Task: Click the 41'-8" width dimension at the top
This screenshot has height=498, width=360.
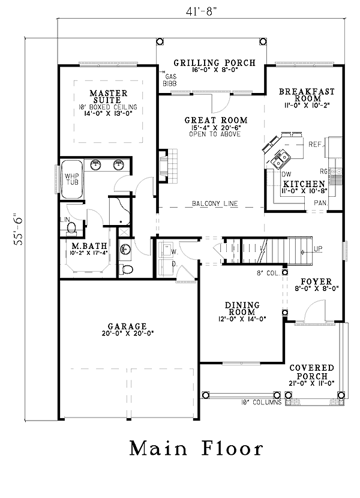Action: pos(201,11)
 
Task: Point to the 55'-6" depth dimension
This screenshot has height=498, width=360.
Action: pos(19,231)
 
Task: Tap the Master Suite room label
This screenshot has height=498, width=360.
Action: pos(109,97)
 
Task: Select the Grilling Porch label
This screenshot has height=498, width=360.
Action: pos(214,62)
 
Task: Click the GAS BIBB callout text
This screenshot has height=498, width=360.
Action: pos(170,80)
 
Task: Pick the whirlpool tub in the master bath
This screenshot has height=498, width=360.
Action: pos(72,179)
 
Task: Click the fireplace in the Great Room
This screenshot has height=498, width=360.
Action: pos(169,166)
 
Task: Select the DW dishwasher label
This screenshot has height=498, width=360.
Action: pos(286,174)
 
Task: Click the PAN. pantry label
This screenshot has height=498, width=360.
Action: pos(320,202)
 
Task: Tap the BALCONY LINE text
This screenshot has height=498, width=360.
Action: pos(215,203)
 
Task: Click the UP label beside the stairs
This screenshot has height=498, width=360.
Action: pos(318,248)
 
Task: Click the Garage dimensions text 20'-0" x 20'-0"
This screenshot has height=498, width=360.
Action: pos(128,334)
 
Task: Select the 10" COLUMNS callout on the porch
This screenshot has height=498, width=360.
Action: pos(261,403)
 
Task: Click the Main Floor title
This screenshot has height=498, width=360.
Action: pos(196,448)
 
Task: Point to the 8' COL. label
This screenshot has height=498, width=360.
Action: pos(268,273)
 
